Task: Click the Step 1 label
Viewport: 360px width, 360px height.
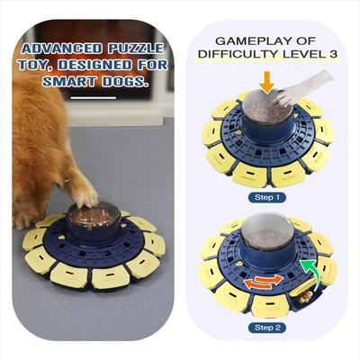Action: (x=269, y=195)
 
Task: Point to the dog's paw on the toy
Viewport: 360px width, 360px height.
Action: (x=84, y=193)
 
